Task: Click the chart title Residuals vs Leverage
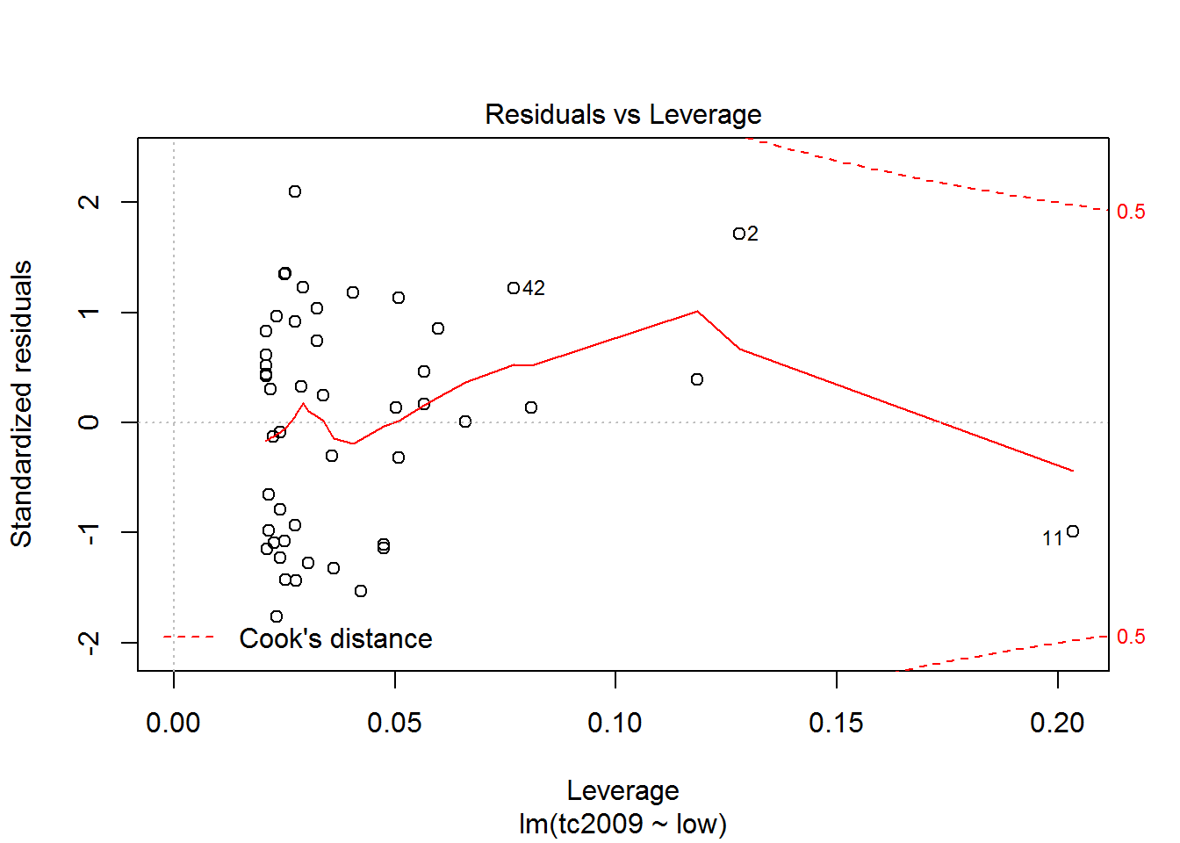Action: (x=622, y=115)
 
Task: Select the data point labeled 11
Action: (x=1072, y=531)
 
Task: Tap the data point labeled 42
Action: (x=514, y=288)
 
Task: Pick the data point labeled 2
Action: (x=739, y=234)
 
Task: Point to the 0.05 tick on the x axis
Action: (x=394, y=724)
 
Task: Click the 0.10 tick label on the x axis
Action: (x=615, y=724)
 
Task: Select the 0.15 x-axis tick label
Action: (x=836, y=724)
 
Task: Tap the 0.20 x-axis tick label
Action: (x=1057, y=724)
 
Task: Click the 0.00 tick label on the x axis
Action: (x=173, y=724)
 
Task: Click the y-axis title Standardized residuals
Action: (x=21, y=404)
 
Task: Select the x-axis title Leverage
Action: (x=622, y=791)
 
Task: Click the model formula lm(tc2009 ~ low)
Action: (x=622, y=825)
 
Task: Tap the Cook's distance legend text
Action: (x=335, y=638)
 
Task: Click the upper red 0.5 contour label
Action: (x=1131, y=212)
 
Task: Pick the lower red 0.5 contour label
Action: (x=1131, y=637)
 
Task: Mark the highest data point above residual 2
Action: (x=295, y=191)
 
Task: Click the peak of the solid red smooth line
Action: (x=697, y=311)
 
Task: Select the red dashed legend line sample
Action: (x=189, y=637)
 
